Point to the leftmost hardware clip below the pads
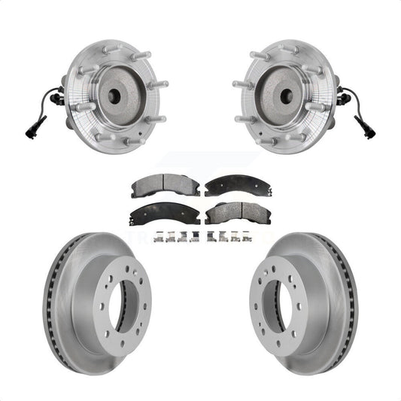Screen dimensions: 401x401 point(157,238)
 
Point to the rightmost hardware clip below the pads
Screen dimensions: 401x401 point(245,238)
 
